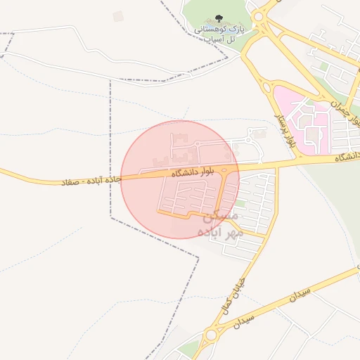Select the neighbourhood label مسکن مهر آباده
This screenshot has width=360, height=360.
[219, 224]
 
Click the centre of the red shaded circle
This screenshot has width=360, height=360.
[180, 179]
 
